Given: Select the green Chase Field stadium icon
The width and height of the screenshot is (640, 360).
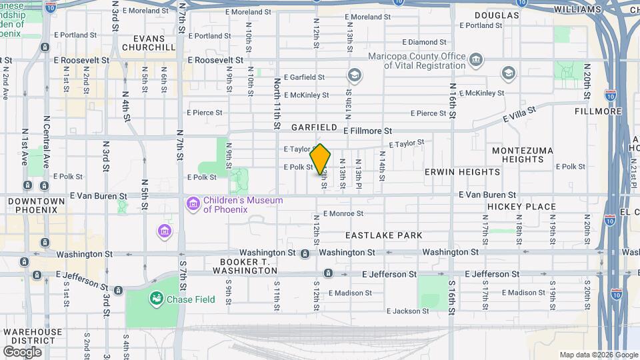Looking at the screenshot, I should point(157,299).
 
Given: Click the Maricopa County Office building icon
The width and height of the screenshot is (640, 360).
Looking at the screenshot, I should point(475,61).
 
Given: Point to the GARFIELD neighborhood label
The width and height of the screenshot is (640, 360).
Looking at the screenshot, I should point(314,127).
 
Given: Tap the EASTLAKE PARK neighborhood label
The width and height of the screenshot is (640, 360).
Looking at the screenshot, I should point(383,235).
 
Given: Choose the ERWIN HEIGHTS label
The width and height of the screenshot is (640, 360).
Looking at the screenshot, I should point(462,172).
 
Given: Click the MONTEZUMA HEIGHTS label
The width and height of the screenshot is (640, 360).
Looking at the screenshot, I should point(522,155).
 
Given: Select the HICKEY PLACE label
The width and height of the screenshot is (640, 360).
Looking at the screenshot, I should point(521,207).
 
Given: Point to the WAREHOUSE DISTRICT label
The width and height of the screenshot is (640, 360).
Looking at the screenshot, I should point(33,336).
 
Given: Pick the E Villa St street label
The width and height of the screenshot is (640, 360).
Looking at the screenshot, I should point(519,115).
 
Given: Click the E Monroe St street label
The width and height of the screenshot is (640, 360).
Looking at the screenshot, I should point(343,214).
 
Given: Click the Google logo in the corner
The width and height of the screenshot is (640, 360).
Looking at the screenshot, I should point(22,351).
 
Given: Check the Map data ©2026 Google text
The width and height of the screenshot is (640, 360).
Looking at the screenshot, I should point(597,355).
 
